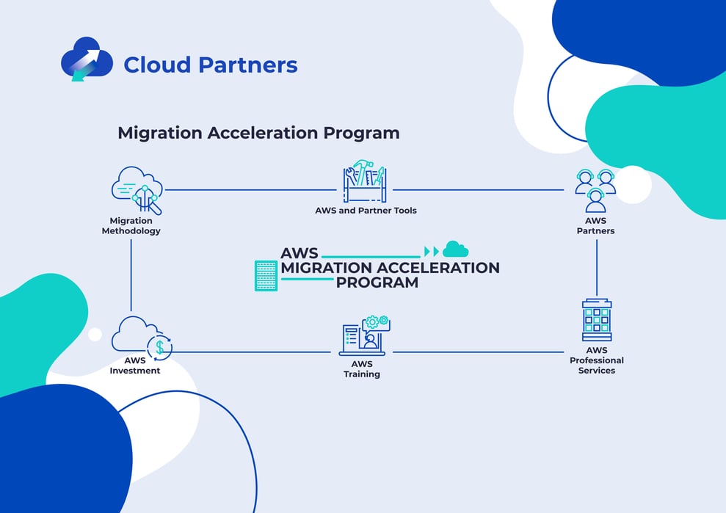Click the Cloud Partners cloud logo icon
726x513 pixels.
pos(87,59)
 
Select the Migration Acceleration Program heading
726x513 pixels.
pos(258,133)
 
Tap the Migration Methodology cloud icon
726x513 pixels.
pos(137,190)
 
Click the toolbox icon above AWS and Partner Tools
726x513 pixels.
pos(365,181)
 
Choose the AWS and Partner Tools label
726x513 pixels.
pos(366,211)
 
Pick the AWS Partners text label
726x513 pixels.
pos(595,225)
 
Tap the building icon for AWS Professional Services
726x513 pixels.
pos(596,319)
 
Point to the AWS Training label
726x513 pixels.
pos(362,369)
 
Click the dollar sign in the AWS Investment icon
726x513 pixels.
pos(159,347)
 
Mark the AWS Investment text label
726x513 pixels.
pos(135,365)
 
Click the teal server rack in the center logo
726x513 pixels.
pos(266,275)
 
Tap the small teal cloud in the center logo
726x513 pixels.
pos(455,250)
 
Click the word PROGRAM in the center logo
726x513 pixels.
pos(377,282)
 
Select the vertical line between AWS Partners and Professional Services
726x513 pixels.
pos(596,267)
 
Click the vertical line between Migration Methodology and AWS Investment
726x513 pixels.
pos(131,274)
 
